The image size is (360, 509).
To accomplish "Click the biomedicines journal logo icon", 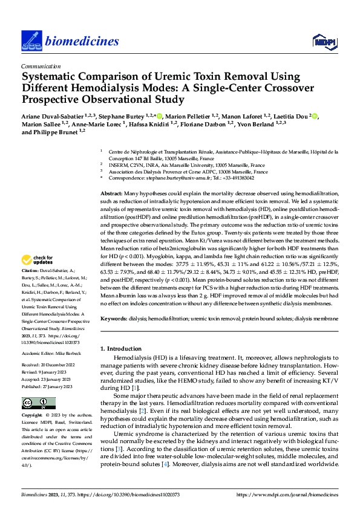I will pyautogui.click(x=30, y=40).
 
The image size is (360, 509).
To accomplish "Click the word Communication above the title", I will pyautogui.click(x=41, y=66).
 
